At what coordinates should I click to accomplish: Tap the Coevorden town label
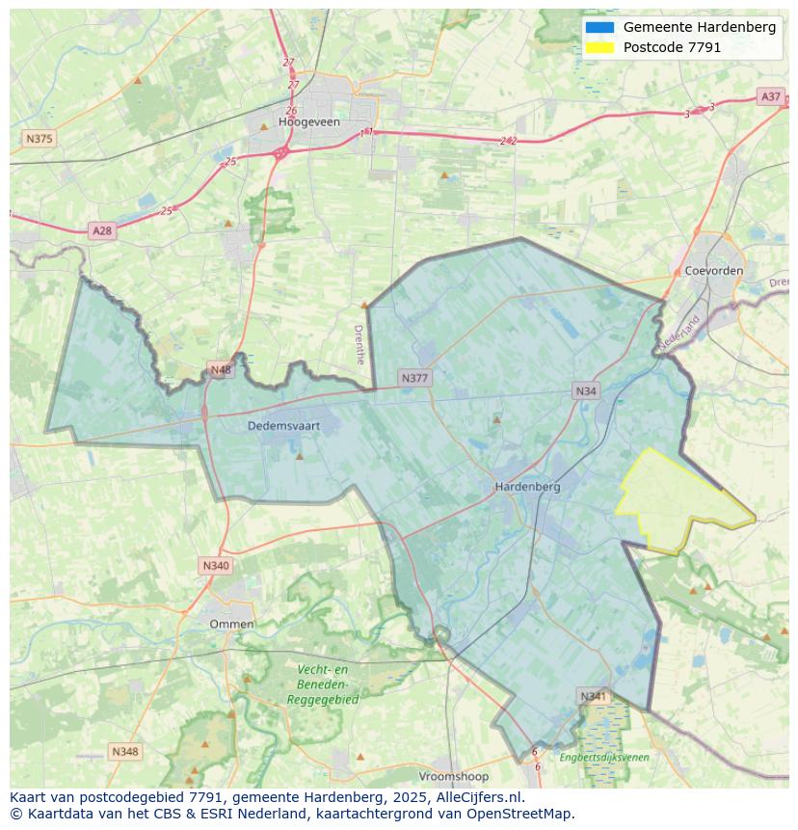coord(713,271)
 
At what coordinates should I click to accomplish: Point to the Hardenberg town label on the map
coord(527,487)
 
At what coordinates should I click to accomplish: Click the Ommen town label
coord(231,624)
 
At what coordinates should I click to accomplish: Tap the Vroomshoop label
coord(453,776)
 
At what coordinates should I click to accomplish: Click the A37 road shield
coord(770,96)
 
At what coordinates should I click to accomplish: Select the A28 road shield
coord(101,230)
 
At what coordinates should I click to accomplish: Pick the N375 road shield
coord(39,139)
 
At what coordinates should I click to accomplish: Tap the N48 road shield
coord(221,370)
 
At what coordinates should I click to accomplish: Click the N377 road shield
coord(414,378)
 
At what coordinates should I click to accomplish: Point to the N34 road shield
coord(586,390)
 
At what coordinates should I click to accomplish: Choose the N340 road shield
coord(216,565)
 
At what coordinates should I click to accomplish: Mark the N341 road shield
coord(594,696)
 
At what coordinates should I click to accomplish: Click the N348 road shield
coord(124,751)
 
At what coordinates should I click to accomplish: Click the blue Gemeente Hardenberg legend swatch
coord(598,27)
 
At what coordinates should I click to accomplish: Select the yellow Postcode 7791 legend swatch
coord(598,47)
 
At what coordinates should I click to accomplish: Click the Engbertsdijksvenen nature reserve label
coord(604,758)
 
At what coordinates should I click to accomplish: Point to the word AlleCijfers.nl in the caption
coord(475,797)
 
